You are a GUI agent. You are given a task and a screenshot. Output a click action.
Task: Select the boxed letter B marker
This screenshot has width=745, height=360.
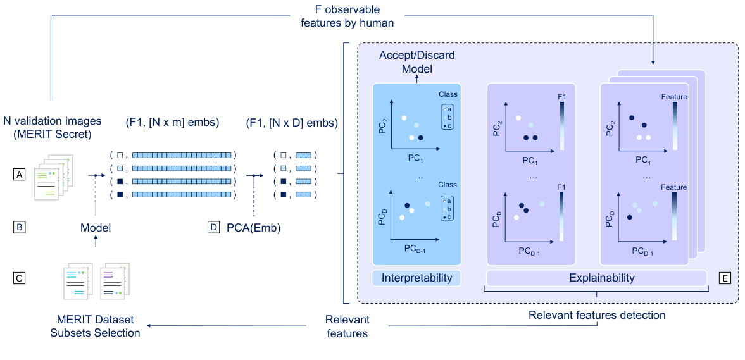tap(20, 227)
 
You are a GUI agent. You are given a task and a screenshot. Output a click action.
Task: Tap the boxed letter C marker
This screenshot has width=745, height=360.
tap(20, 276)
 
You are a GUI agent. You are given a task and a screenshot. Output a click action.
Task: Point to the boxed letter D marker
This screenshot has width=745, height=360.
tap(213, 227)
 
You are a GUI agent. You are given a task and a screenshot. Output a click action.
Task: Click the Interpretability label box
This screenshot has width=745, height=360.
tap(416, 278)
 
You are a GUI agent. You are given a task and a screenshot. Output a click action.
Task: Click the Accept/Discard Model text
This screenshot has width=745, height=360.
tap(416, 62)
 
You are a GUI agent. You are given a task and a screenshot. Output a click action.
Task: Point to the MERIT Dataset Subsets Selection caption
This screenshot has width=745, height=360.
tap(95, 326)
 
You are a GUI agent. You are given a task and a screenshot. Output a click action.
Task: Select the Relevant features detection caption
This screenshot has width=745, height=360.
tap(597, 315)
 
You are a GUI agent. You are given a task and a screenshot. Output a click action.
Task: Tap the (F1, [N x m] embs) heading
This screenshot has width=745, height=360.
tap(172, 122)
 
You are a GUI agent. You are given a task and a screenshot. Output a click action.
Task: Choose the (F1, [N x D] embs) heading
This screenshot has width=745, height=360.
tap(292, 122)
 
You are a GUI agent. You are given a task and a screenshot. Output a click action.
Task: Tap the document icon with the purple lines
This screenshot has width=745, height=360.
tap(113, 282)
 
